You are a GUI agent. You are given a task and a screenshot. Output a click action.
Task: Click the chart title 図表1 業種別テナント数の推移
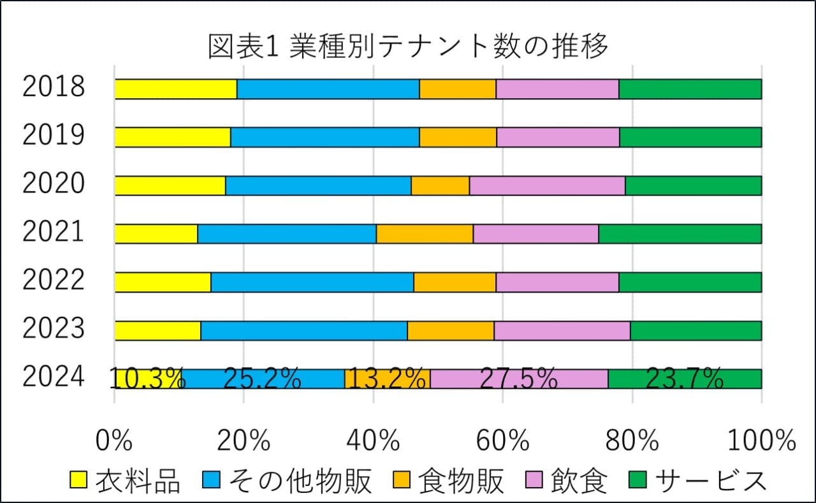[408, 47]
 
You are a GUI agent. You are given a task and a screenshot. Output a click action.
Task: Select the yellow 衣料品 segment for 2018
[175, 89]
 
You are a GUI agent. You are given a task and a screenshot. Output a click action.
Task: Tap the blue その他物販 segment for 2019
[324, 138]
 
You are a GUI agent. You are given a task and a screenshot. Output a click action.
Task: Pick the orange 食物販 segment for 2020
[440, 186]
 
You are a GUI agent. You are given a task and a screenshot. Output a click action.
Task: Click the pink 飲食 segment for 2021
[535, 234]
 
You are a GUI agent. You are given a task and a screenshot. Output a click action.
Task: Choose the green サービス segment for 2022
[690, 282]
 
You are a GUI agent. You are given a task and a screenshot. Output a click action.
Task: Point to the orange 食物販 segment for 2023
[450, 331]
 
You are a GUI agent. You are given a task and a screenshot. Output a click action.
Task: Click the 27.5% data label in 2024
[518, 379]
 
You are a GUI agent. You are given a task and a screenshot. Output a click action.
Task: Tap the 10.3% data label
[147, 379]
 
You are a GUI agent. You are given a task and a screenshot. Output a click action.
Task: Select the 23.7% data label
[685, 379]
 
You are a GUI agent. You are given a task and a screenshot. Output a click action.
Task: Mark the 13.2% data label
[388, 379]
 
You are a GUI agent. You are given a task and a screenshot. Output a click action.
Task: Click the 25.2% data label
[262, 379]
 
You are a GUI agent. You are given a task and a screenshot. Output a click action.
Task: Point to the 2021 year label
[54, 232]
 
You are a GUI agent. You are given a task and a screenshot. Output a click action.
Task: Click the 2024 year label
[54, 377]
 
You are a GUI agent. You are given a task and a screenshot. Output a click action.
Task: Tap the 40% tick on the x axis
[374, 440]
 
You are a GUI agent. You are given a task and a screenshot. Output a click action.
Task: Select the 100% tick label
[762, 440]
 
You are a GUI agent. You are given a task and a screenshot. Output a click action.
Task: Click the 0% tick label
[114, 440]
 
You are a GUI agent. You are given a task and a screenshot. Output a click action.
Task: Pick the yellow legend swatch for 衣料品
[78, 479]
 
